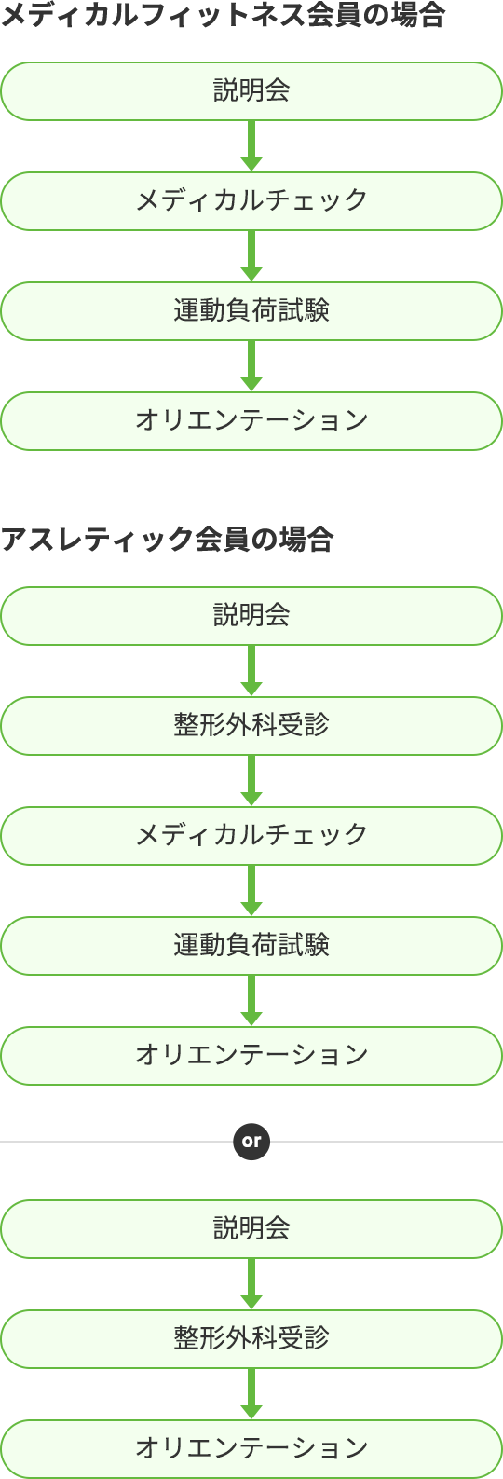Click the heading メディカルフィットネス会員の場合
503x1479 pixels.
pos(224,16)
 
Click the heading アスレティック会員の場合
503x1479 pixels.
pos(167,540)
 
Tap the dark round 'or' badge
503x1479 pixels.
pos(251,1141)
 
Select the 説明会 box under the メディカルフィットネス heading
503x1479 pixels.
pos(251,91)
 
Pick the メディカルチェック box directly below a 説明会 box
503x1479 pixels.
pos(251,201)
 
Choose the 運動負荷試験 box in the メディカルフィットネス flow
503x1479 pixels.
pos(251,311)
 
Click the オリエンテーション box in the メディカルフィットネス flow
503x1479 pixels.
pos(251,421)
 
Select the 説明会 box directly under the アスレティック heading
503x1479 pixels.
pos(251,616)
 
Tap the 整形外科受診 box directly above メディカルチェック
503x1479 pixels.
pos(251,726)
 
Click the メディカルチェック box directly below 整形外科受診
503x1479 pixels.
pos(251,836)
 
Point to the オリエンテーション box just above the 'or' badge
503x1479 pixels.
pos(251,1056)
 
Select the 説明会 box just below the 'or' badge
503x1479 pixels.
pos(251,1229)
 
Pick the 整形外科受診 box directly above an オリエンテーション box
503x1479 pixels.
pos(251,1339)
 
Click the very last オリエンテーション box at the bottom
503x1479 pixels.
pos(251,1449)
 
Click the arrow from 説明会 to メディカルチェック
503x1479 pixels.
pos(251,146)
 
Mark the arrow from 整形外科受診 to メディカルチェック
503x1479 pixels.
pos(251,780)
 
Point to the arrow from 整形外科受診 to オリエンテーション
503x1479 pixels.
pos(251,1394)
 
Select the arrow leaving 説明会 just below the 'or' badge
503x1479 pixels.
pos(251,1284)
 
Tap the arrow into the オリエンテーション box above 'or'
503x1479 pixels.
pos(251,1000)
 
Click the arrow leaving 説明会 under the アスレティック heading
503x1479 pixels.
pos(251,671)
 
